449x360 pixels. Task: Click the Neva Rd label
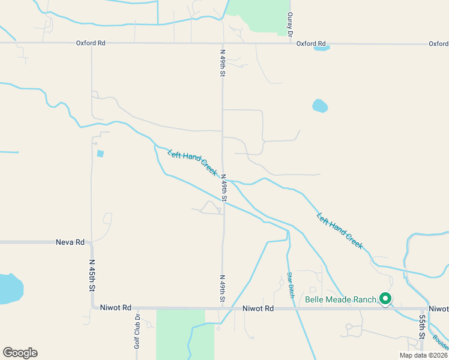70,242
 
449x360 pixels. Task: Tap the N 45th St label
92,275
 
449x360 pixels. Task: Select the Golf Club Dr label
137,331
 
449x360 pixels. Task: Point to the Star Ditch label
290,286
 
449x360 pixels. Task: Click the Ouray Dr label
290,24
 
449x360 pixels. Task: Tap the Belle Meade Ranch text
340,299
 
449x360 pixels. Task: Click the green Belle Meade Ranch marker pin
385,298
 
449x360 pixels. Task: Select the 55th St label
422,327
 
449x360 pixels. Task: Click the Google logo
20,353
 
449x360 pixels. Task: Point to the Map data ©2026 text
424,355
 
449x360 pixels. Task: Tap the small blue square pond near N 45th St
100,154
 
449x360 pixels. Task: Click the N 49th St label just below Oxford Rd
222,62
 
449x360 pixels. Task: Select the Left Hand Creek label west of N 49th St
192,162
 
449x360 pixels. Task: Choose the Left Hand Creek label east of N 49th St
340,231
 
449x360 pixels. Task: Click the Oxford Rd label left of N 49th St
91,43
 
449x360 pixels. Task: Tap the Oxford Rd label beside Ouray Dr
310,44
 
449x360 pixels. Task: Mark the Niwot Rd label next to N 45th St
116,308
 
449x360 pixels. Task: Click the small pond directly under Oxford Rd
322,48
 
